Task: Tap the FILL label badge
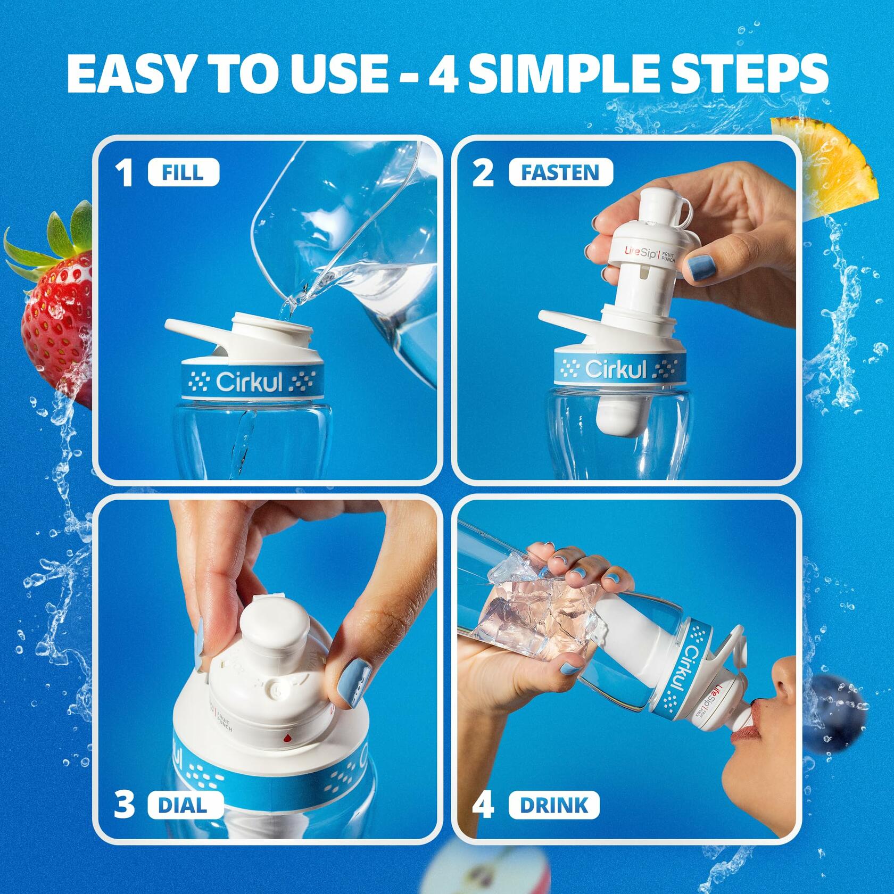[x=184, y=173]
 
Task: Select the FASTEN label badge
[x=560, y=173]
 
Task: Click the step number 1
[x=126, y=174]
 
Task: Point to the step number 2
[x=483, y=174]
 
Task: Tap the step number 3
[x=125, y=805]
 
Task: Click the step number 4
[x=483, y=805]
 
